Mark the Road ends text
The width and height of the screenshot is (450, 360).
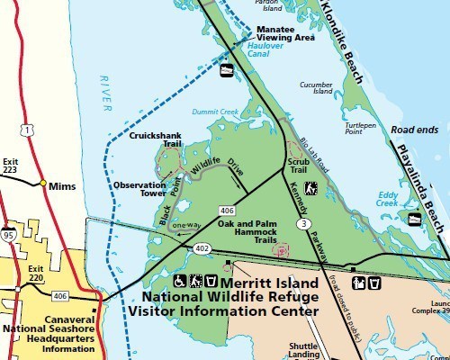(x=416, y=130)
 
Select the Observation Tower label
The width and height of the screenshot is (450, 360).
(x=140, y=189)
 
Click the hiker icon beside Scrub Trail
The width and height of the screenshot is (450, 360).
(x=311, y=188)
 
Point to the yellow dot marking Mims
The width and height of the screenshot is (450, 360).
(x=42, y=183)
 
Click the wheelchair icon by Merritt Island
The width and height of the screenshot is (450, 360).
(x=178, y=282)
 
